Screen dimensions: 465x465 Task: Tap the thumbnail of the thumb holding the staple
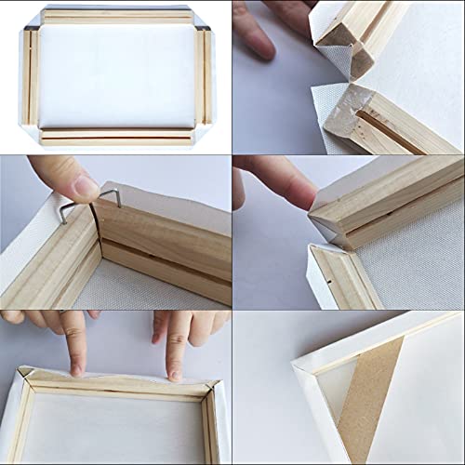[x=86, y=186]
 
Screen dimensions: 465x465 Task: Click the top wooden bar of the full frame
[x=116, y=17]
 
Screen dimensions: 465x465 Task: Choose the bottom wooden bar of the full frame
[x=116, y=138]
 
